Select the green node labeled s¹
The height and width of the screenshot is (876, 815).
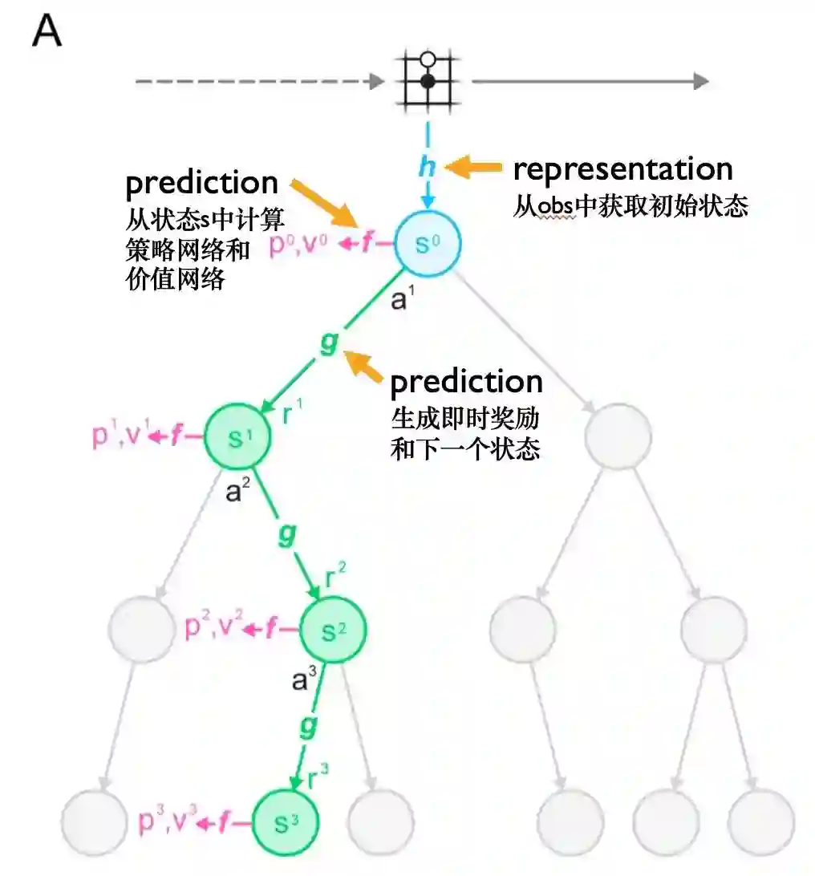click(237, 437)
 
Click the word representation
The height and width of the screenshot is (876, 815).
click(622, 169)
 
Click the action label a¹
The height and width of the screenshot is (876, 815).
click(402, 301)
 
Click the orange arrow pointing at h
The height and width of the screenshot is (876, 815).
click(473, 168)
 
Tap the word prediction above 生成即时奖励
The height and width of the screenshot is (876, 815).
click(466, 381)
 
